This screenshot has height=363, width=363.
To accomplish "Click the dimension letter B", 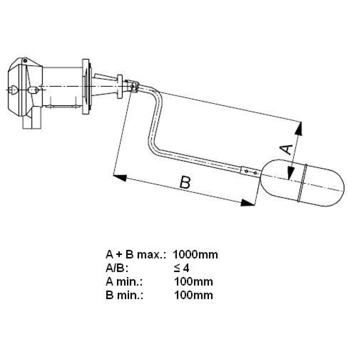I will point(185,183).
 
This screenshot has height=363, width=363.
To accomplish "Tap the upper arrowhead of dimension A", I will point(299,128).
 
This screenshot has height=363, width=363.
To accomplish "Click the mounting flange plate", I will point(85,86).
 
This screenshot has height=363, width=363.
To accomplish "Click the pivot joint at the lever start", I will point(132,86).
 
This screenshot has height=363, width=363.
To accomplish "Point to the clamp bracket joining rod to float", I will point(251,172).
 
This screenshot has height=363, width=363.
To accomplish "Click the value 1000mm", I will point(195,254).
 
